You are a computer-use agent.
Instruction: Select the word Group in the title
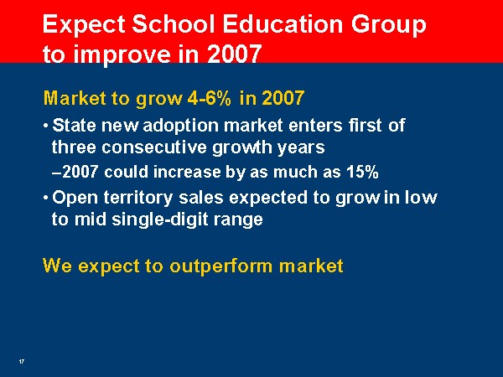[388, 26]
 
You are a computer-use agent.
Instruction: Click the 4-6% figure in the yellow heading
[209, 98]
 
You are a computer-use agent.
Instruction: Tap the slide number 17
[22, 362]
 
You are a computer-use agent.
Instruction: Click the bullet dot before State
[46, 126]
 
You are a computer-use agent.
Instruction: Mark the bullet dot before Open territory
[46, 198]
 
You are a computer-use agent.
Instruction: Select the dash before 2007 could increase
[56, 173]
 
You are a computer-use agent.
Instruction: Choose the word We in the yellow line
[57, 266]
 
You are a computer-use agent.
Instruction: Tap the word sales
[201, 198]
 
